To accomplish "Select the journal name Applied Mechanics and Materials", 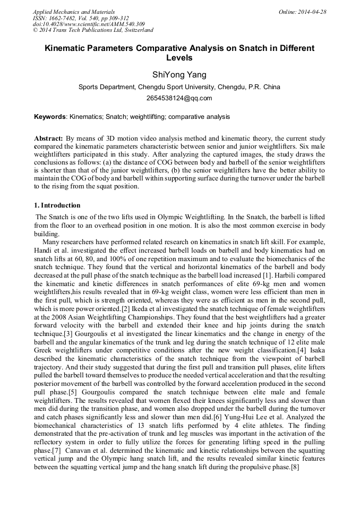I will [74, 12].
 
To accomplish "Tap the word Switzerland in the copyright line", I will [135, 30].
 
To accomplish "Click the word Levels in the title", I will [179, 58].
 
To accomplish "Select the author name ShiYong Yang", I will [179, 74].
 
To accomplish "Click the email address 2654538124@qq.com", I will [179, 98].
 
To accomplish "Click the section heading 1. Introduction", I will [57, 205].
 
